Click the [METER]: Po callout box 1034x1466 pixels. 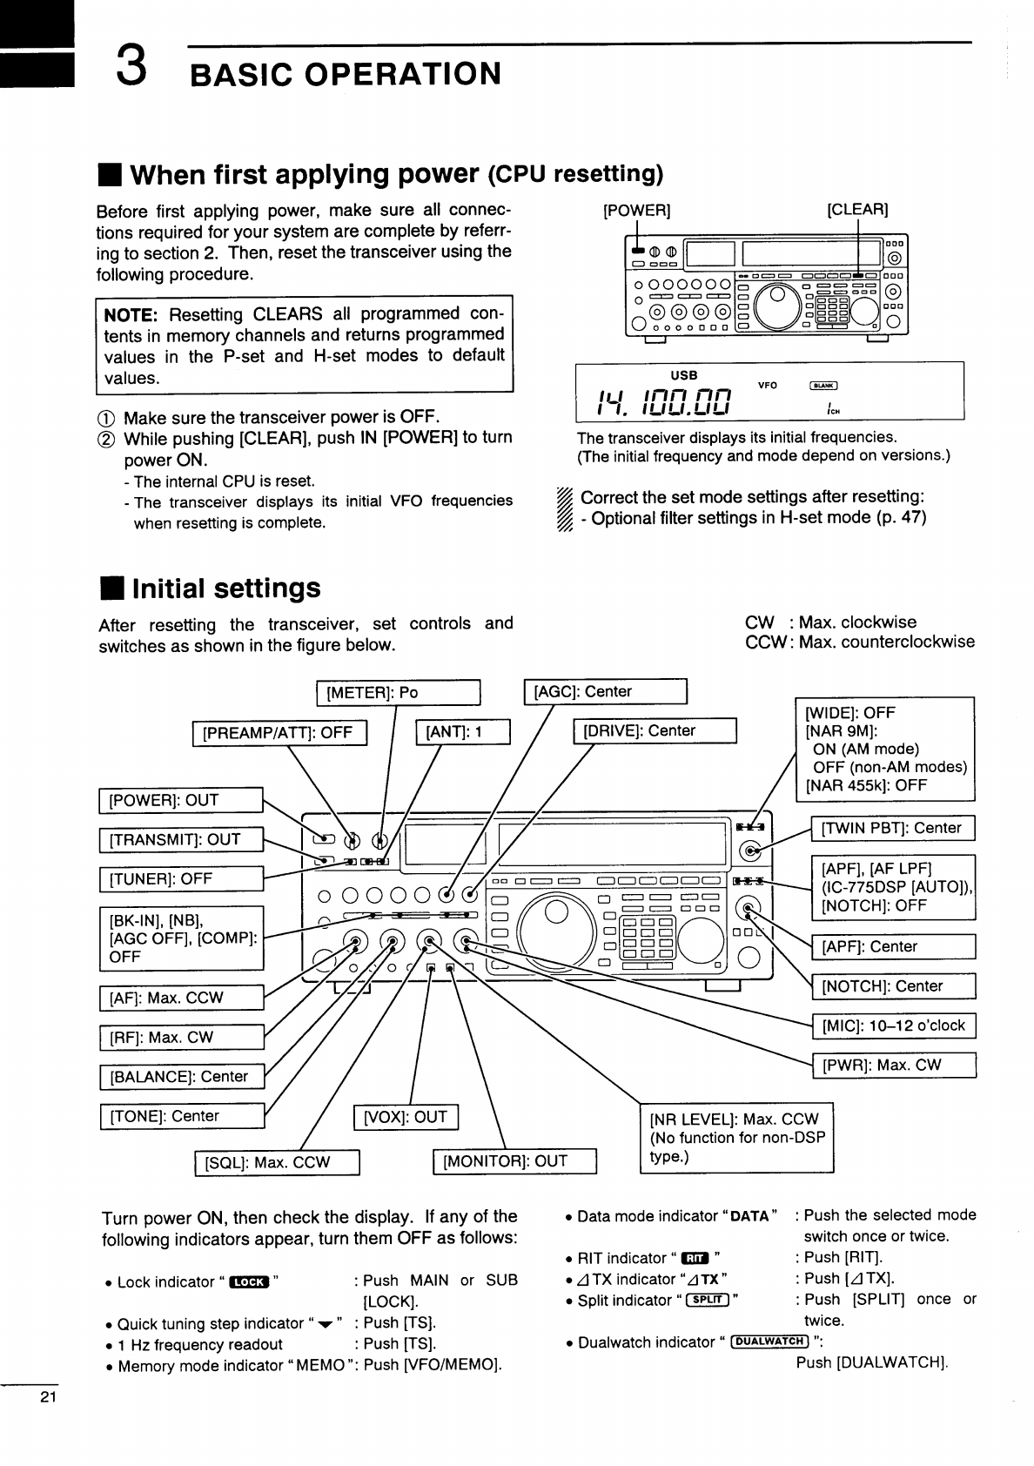tap(398, 693)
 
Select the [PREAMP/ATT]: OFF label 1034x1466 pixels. tap(279, 733)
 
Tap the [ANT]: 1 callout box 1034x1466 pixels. tap(462, 733)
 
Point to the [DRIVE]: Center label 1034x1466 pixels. tap(654, 731)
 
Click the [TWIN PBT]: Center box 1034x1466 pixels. tap(892, 828)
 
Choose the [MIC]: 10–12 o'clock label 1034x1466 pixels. tap(893, 1026)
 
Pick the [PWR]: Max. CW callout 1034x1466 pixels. tap(893, 1065)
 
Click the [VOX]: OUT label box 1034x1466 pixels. tap(406, 1117)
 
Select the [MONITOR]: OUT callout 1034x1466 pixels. tap(514, 1161)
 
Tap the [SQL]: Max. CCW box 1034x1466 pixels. tap(277, 1163)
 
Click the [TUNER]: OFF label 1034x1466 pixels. tap(181, 879)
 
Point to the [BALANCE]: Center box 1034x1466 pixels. tap(181, 1077)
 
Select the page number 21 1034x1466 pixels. tap(47, 1399)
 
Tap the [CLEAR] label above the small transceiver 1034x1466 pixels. tap(857, 210)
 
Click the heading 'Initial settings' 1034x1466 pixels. tap(226, 588)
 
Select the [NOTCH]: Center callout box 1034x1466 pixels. tap(893, 986)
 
